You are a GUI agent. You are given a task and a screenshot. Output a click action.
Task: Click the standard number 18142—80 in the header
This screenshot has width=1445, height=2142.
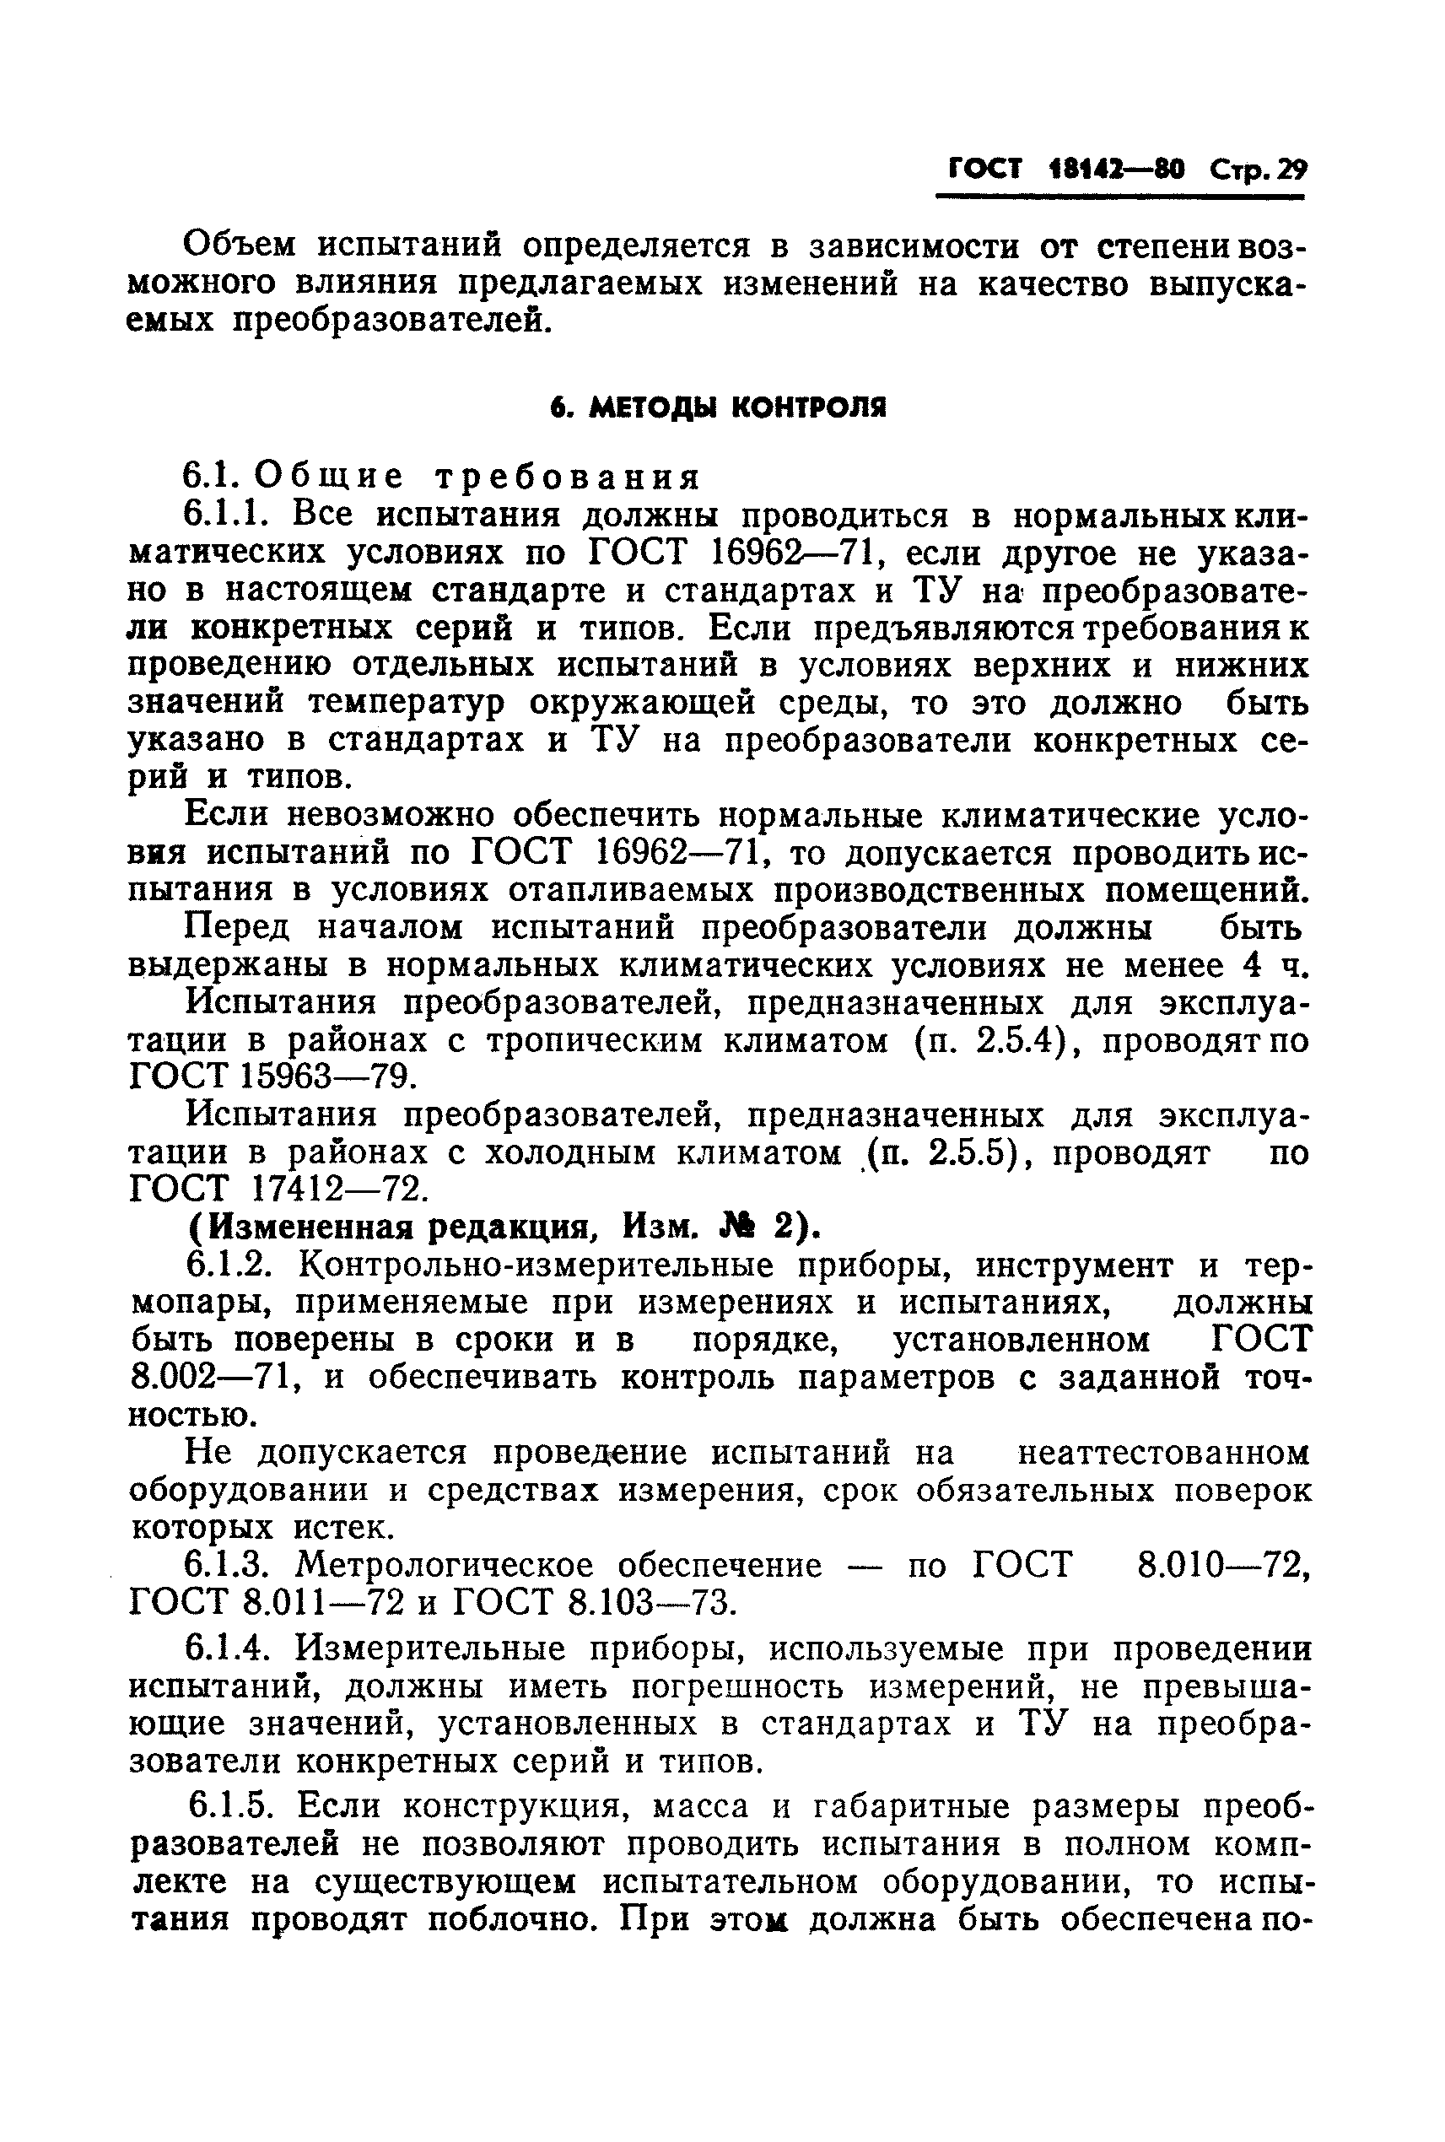1116,170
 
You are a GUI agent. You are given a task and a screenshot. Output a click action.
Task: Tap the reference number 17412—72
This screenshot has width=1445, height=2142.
340,1189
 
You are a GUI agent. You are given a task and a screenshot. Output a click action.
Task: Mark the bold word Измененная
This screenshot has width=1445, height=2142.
332,1227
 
